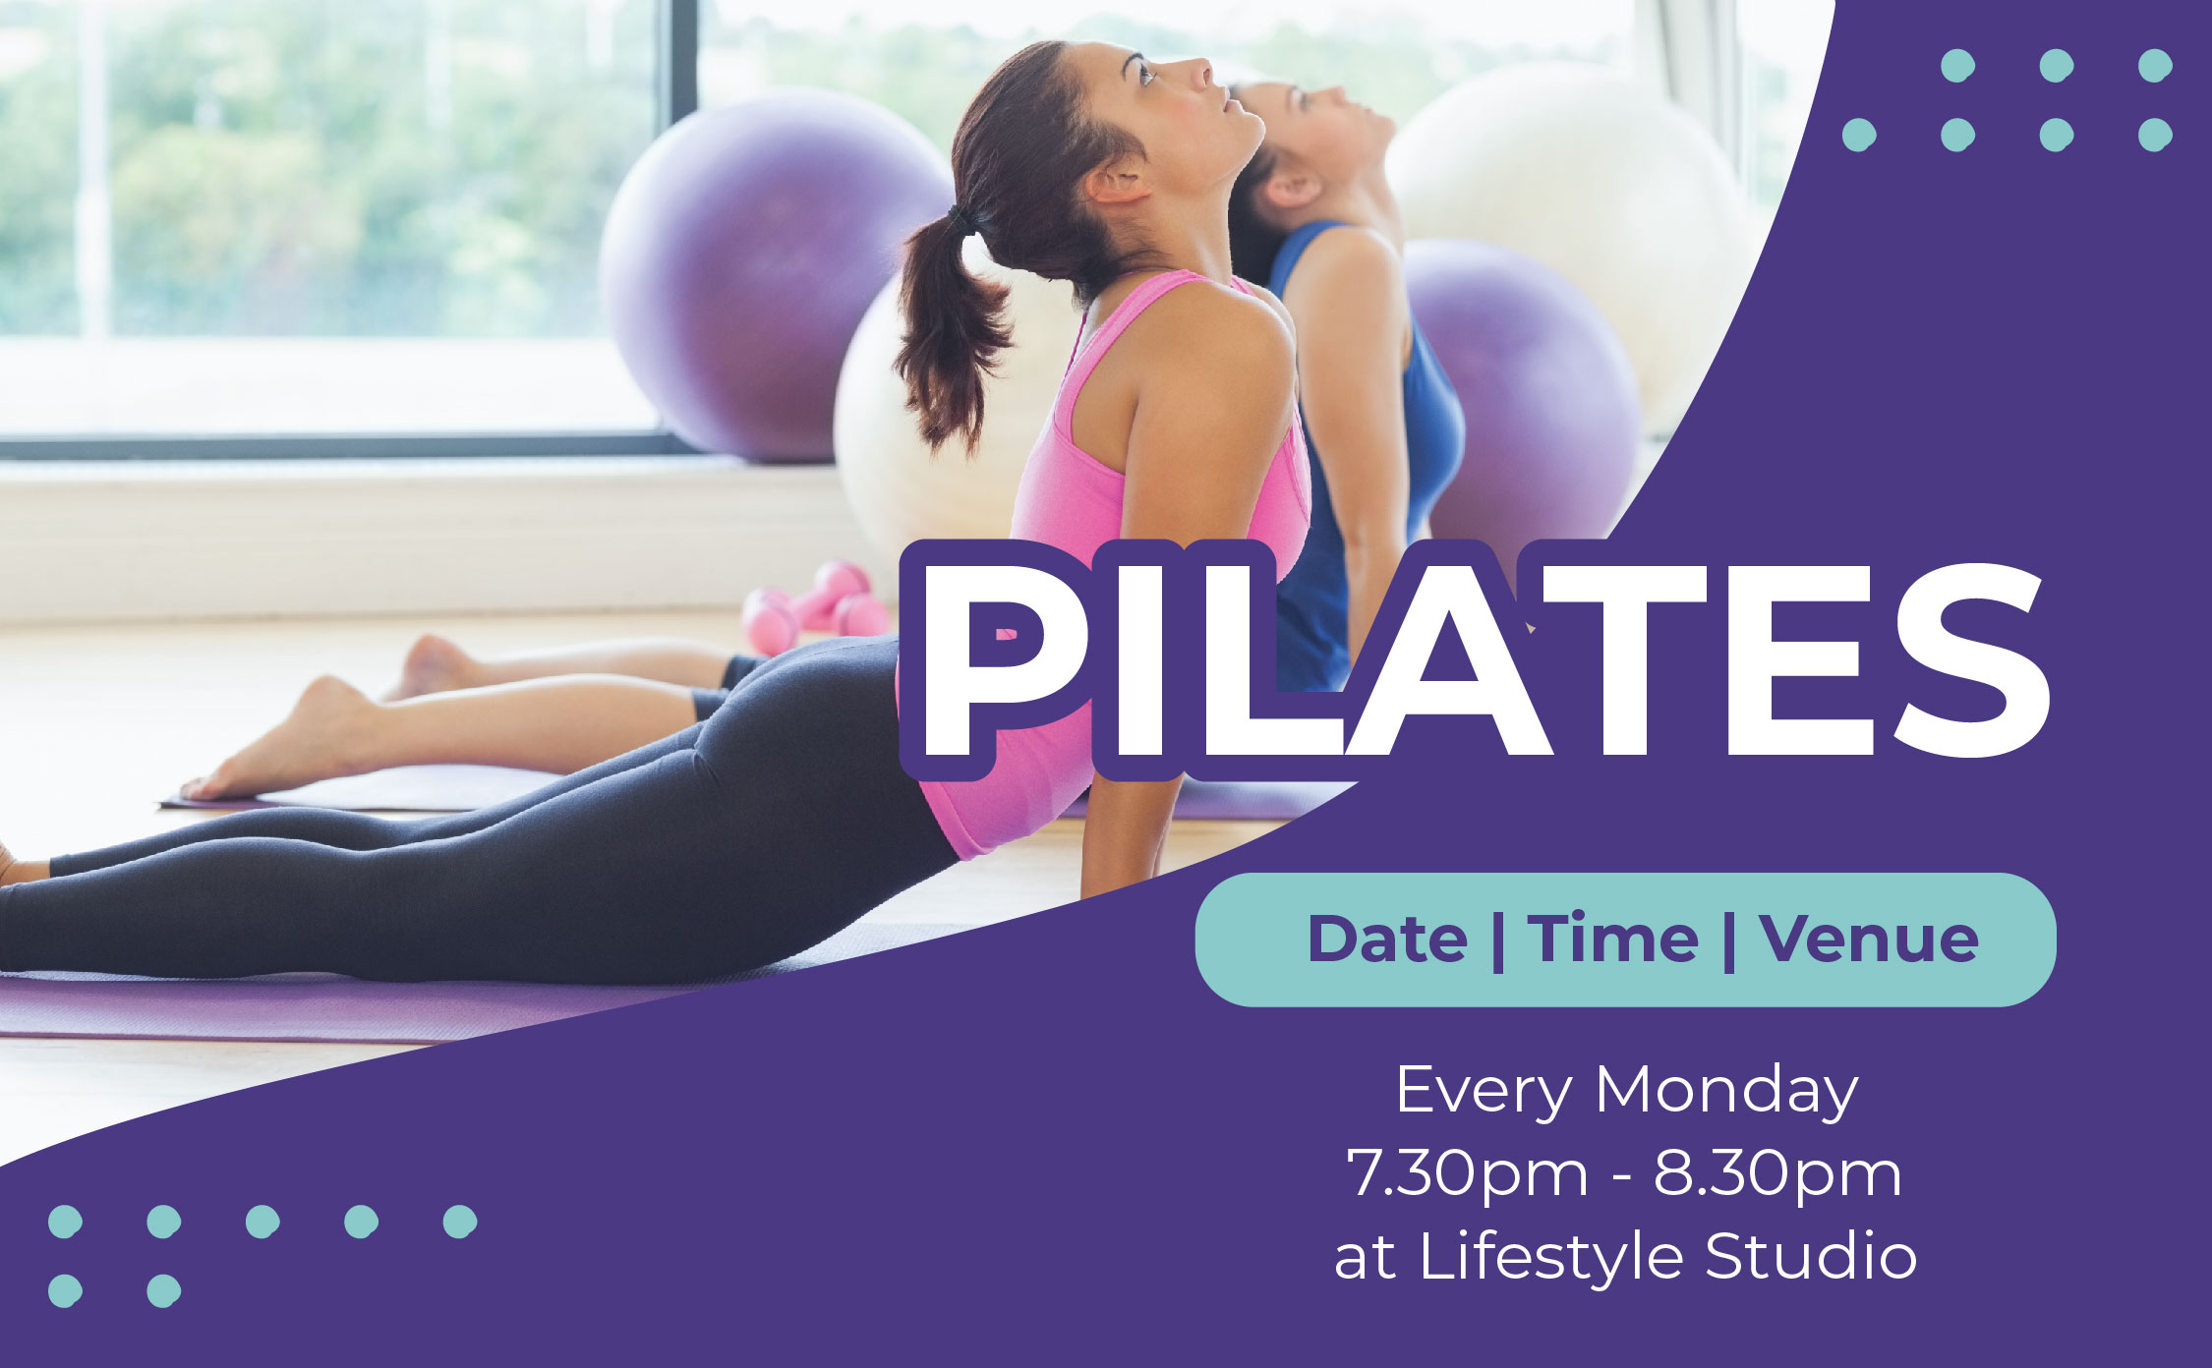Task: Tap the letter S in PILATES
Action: click(1970, 660)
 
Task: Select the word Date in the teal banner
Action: click(1386, 939)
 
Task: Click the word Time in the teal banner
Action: click(1612, 939)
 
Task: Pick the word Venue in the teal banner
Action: click(1869, 939)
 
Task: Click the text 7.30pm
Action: click(1467, 1174)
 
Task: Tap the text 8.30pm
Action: click(1777, 1174)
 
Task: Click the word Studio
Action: click(1811, 1257)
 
